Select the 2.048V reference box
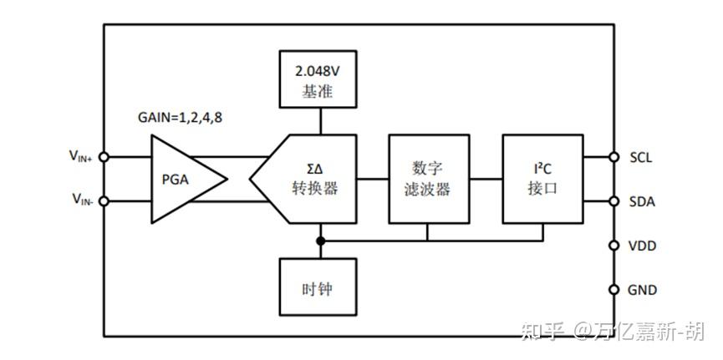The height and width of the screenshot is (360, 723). [x=318, y=80]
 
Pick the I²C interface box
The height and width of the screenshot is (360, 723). [x=542, y=178]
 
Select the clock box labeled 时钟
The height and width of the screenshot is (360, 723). [x=318, y=290]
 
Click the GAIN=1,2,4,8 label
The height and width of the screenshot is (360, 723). [x=180, y=117]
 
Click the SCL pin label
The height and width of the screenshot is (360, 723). [x=642, y=156]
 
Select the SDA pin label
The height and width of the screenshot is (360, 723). [x=642, y=201]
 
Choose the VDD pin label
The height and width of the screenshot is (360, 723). [x=642, y=246]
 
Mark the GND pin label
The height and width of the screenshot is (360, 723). [x=642, y=291]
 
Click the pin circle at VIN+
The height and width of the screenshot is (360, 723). [x=104, y=156]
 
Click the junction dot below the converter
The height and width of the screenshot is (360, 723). [x=318, y=241]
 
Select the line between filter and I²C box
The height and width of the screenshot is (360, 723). [x=484, y=178]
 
